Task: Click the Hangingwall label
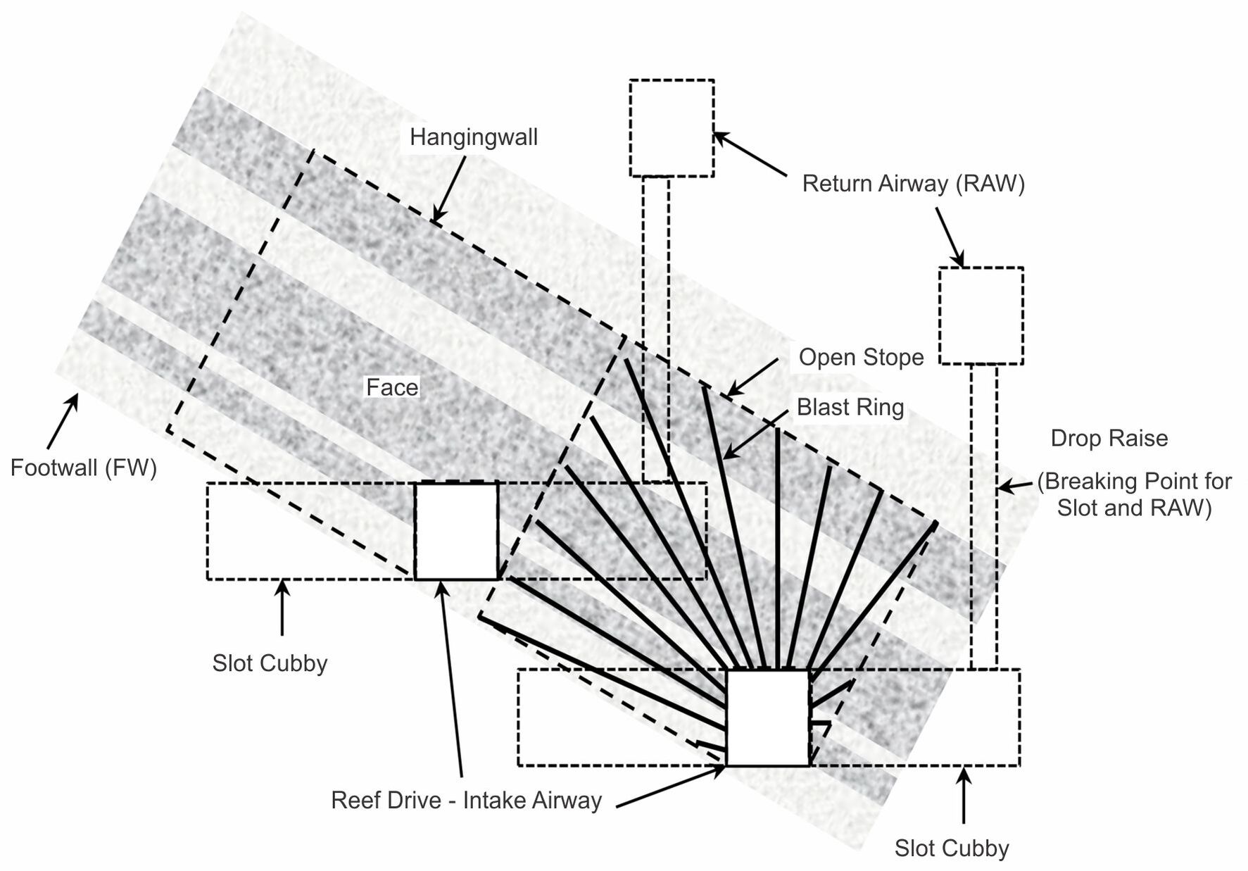(x=473, y=137)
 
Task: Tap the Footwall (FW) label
(x=83, y=468)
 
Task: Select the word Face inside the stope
(x=392, y=387)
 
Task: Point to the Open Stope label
(x=860, y=357)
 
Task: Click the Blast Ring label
(x=850, y=407)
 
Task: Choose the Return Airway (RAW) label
(x=913, y=184)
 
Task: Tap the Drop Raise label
(x=1109, y=438)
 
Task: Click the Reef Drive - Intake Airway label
(x=466, y=801)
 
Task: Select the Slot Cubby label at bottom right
(x=951, y=848)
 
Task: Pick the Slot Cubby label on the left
(x=270, y=663)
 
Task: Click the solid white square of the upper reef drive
(x=456, y=531)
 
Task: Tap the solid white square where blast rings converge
(x=767, y=718)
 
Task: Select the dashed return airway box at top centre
(x=672, y=128)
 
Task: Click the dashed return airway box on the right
(x=981, y=315)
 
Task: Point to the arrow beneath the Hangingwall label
(x=449, y=190)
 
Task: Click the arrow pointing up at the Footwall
(x=63, y=421)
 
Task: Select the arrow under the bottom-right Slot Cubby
(x=963, y=796)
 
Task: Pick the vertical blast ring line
(x=777, y=549)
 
